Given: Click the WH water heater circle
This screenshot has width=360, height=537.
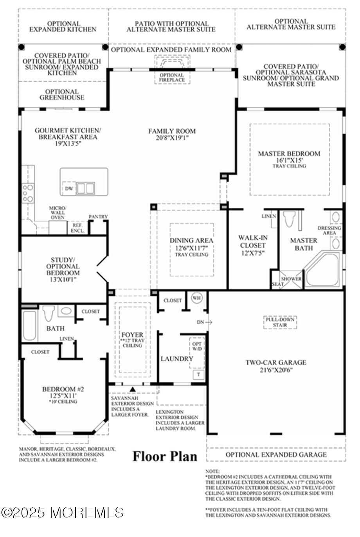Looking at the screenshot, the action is click(197, 298).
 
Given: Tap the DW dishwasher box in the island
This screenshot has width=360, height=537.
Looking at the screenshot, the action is click(69, 188).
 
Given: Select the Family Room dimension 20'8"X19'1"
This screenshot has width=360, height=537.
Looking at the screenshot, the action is click(172, 138).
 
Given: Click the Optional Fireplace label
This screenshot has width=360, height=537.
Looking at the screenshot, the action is click(172, 77).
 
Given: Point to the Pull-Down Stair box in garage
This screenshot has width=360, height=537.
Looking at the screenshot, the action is click(280, 322).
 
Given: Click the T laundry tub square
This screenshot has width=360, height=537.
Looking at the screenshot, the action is click(199, 375).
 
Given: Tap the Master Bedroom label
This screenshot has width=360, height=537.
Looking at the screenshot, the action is click(289, 153).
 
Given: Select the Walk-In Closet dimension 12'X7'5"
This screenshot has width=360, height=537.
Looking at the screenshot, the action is click(253, 253).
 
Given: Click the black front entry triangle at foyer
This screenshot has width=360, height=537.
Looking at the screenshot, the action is click(133, 389).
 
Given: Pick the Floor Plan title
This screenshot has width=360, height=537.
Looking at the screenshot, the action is click(165, 456).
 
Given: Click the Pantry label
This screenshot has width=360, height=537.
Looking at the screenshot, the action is click(98, 216).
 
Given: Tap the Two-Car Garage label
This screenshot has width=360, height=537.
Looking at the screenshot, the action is click(276, 362).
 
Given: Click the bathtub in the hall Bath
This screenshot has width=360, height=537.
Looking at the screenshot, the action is click(29, 325).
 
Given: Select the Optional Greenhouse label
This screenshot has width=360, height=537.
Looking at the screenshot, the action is click(62, 95).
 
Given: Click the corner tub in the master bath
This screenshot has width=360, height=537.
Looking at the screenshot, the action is click(322, 269).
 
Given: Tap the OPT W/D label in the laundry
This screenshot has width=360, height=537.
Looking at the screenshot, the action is click(197, 346).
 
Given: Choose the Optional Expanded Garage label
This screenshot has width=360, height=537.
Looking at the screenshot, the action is click(276, 454).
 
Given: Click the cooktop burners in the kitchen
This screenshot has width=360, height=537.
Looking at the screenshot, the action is click(28, 193).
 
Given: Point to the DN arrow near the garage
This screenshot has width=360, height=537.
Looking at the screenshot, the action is click(205, 322).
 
